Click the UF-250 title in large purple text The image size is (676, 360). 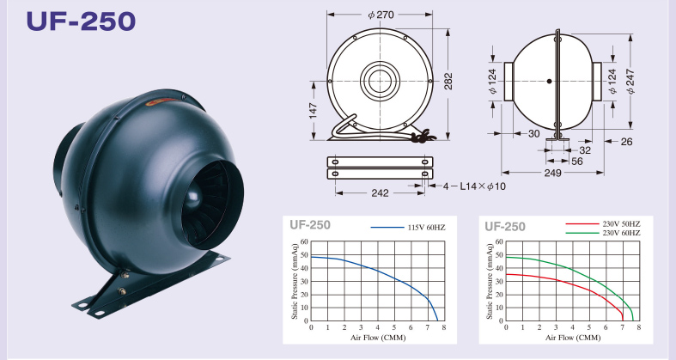tap(81, 21)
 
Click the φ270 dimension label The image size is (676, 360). tap(381, 15)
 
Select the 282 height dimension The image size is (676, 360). tap(448, 81)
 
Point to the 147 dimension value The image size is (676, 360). tap(313, 110)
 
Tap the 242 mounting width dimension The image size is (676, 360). tap(380, 192)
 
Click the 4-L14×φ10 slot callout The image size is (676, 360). tap(474, 186)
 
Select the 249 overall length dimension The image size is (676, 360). tap(552, 173)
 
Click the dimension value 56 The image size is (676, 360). tap(577, 162)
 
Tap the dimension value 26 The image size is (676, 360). tap(627, 142)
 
